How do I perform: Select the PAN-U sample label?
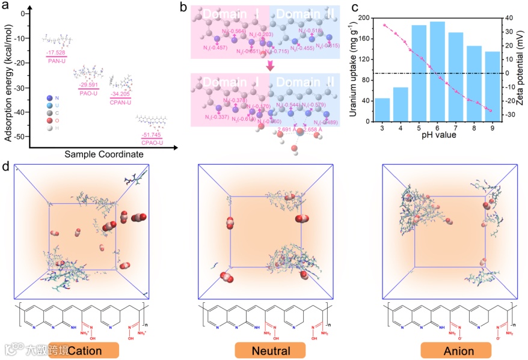point(54,60)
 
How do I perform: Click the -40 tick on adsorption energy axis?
point(24,112)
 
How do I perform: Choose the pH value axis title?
point(437,136)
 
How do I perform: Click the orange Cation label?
point(84,350)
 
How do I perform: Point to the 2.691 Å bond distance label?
point(287,129)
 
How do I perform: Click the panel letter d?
point(5,164)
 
